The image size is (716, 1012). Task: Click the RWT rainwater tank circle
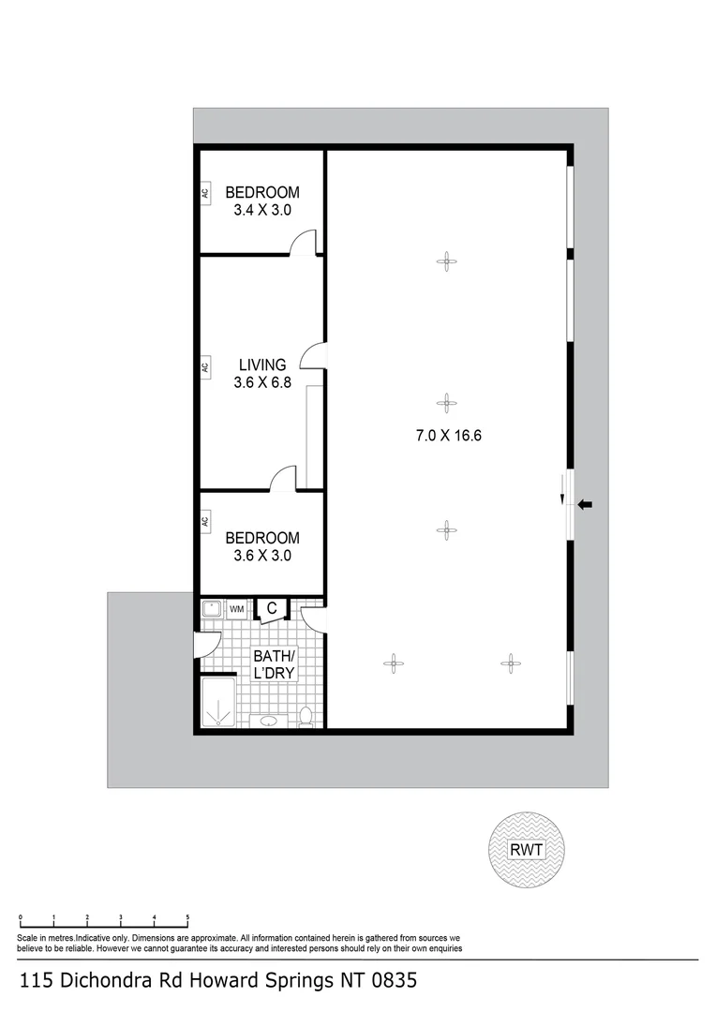click(527, 851)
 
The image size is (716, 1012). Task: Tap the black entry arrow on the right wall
click(585, 505)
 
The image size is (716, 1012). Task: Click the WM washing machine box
click(236, 609)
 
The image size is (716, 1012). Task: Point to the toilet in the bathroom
click(305, 717)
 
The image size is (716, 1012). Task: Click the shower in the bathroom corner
click(217, 703)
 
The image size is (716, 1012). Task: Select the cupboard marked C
click(271, 609)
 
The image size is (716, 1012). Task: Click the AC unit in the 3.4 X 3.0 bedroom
click(204, 194)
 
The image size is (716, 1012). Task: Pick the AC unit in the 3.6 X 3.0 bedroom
click(204, 522)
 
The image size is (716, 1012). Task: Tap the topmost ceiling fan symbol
click(447, 261)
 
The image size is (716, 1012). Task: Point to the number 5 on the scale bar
click(187, 917)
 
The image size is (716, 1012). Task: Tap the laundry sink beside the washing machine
click(212, 609)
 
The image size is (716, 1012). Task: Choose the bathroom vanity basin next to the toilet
click(270, 721)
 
